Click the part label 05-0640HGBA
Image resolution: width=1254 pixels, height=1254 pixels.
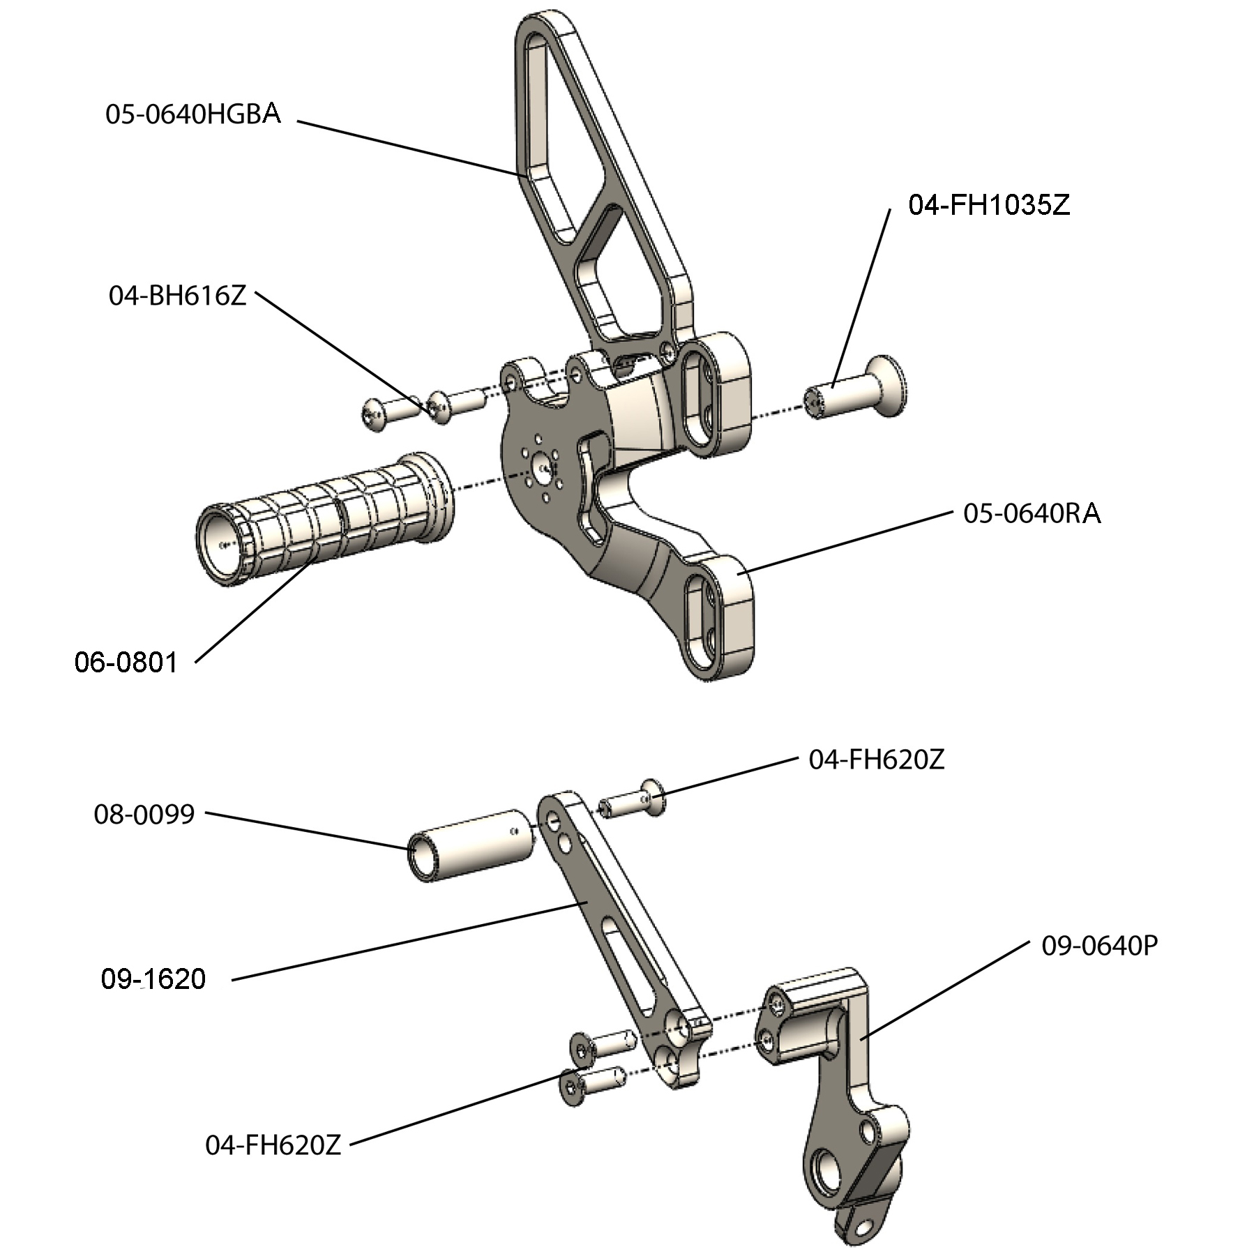192,114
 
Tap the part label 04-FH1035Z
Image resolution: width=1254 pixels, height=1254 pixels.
988,205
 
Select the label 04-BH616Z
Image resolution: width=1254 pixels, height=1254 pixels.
177,296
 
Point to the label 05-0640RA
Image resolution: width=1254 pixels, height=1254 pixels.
1032,514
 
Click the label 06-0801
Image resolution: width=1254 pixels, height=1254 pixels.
126,662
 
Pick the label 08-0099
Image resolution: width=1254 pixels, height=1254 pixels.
144,814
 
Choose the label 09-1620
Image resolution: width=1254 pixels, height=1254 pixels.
153,979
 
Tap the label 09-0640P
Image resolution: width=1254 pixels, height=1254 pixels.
1099,946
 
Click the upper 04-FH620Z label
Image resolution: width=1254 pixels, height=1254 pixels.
876,760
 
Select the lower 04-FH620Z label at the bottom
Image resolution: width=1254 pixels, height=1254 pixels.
273,1145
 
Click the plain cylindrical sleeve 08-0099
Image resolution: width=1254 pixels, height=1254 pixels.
471,845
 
